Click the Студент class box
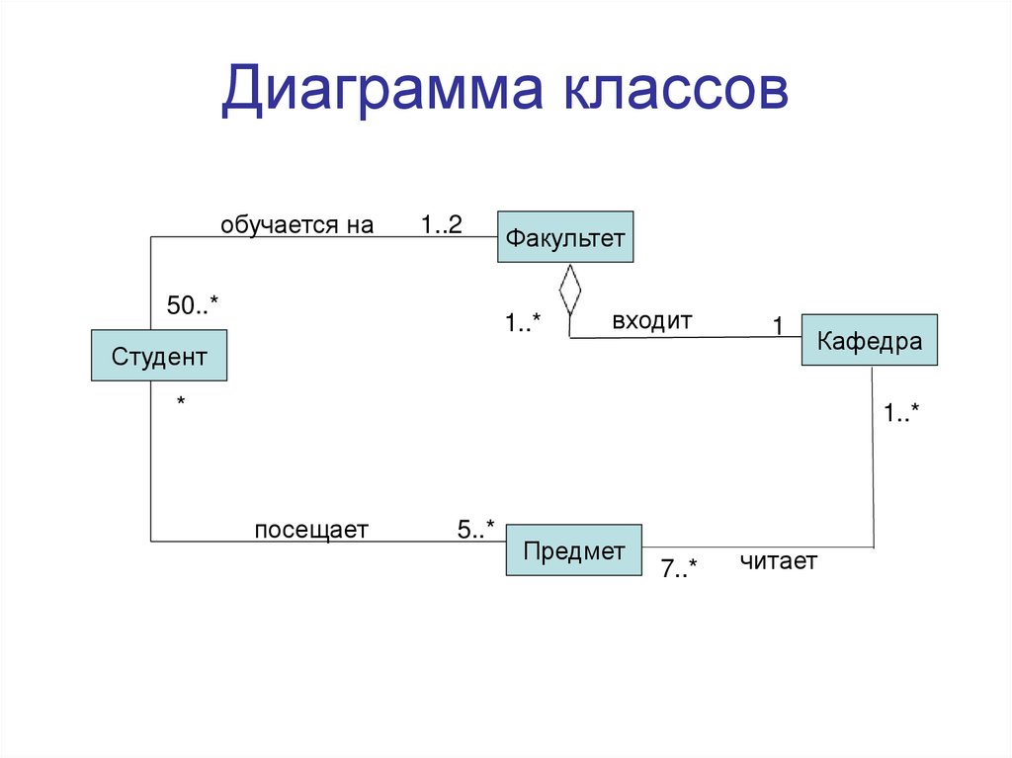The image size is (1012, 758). (159, 356)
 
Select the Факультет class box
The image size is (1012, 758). (565, 237)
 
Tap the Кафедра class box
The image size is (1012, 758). (869, 341)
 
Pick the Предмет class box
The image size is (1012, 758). (574, 550)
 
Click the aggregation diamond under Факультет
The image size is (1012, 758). (569, 289)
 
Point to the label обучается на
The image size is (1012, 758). (296, 225)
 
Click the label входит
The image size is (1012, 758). (652, 320)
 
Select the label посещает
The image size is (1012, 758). (311, 531)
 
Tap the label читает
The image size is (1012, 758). (779, 561)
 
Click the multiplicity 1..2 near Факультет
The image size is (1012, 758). (441, 225)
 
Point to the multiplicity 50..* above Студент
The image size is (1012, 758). (192, 306)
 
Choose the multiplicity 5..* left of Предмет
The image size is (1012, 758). (475, 530)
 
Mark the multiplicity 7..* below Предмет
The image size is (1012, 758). (679, 569)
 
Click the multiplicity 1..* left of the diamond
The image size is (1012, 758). (523, 323)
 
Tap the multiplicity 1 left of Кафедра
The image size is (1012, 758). (778, 325)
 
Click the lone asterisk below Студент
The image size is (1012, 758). (181, 403)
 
